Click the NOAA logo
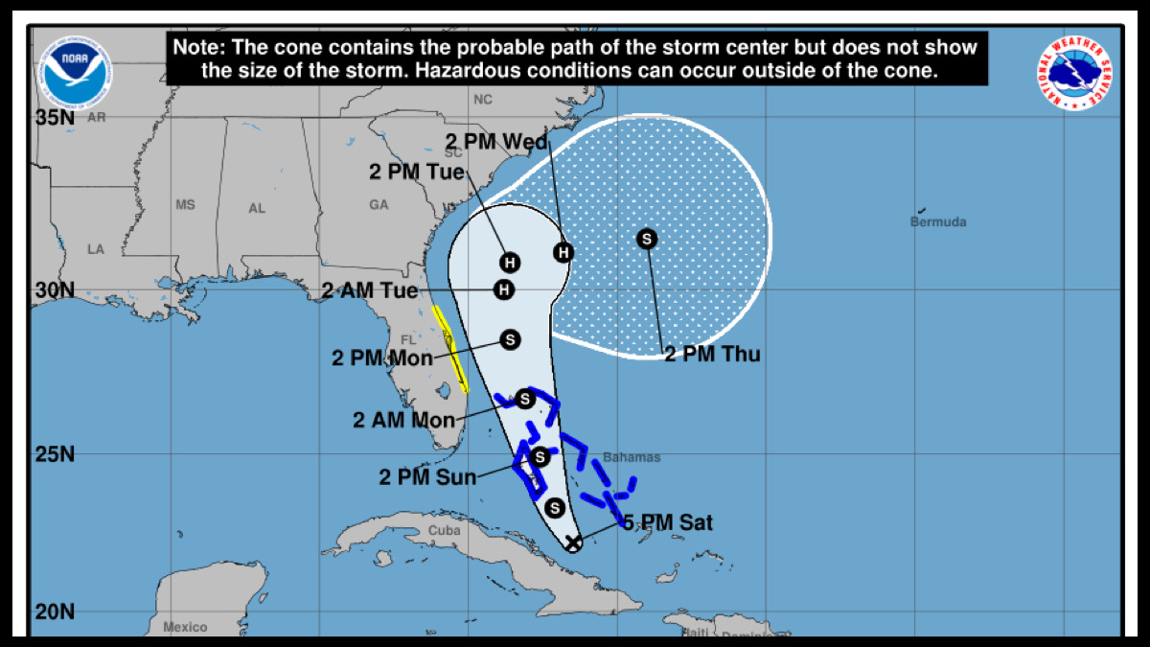(x=75, y=72)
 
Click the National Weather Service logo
(x=1077, y=72)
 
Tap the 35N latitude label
(x=55, y=118)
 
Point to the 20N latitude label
(x=55, y=612)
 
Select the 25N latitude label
(x=55, y=453)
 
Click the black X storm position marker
(x=572, y=543)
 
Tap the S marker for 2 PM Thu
(x=647, y=239)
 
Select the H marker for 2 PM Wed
(x=564, y=252)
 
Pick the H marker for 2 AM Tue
(x=502, y=289)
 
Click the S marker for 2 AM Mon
(x=524, y=399)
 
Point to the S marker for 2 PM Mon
(x=510, y=339)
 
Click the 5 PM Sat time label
(x=668, y=522)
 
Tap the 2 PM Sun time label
(x=428, y=476)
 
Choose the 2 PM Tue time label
(x=417, y=173)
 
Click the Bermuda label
(x=938, y=222)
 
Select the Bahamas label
(x=632, y=458)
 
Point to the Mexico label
(x=185, y=627)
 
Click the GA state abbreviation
(x=379, y=205)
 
